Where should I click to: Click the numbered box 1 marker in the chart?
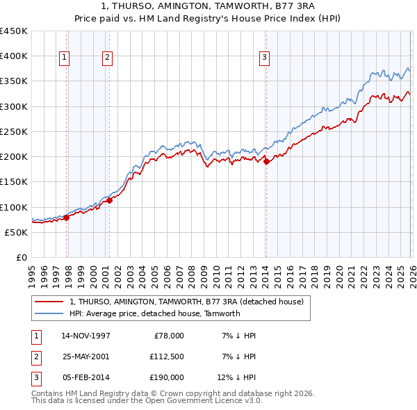pos(64,58)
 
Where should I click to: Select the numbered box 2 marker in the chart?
pos(108,58)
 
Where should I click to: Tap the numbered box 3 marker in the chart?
pos(265,58)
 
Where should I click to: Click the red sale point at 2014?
pos(266,163)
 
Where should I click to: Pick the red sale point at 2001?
pos(110,201)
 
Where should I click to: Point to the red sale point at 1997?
pos(67,218)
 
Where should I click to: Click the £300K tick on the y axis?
pos(14,106)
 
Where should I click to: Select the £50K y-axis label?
pos(17,232)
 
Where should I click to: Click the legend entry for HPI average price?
pos(154,313)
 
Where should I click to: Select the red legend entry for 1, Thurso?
pos(186,302)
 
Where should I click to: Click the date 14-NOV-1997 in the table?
pos(85,336)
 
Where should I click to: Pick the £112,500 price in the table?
pos(166,356)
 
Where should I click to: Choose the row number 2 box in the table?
pos(35,356)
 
